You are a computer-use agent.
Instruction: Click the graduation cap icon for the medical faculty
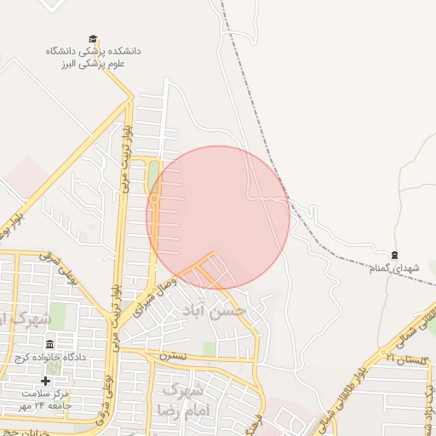[93, 39]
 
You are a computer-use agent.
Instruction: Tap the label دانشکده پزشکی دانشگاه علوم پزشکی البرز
[94, 57]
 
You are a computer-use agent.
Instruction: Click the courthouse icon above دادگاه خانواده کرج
[50, 345]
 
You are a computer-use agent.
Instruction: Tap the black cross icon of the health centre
[45, 381]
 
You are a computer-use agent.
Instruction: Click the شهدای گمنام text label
[395, 268]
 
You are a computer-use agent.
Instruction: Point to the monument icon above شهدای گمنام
[394, 255]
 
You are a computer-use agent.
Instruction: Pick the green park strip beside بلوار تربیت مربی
[154, 179]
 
